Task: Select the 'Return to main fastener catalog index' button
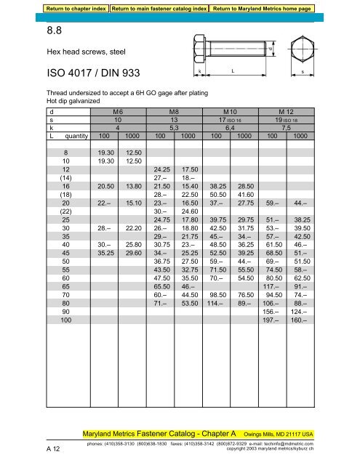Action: (x=159, y=8)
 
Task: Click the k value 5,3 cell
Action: (x=173, y=127)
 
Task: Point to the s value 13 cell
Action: (x=173, y=120)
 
